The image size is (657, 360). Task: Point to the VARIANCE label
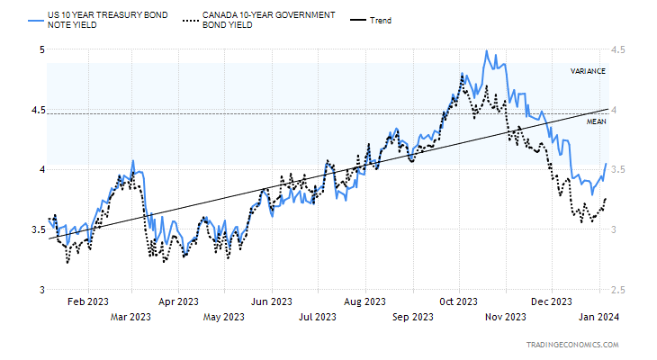tap(588, 71)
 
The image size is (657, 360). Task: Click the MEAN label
tap(597, 121)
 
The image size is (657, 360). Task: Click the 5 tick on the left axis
tap(40, 49)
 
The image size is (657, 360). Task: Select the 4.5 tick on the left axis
tap(37, 110)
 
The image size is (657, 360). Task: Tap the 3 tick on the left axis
tap(40, 290)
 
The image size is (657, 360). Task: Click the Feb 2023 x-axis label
tap(87, 301)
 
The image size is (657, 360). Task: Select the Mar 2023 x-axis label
tap(130, 317)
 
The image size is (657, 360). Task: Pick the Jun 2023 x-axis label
tap(272, 301)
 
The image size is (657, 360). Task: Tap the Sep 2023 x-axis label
tap(413, 317)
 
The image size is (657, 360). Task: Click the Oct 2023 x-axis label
tap(459, 301)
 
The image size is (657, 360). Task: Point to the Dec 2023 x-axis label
tap(552, 301)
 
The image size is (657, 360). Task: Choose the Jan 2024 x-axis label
tap(598, 317)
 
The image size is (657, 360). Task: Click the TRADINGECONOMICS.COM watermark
tap(571, 346)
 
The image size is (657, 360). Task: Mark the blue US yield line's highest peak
tap(486, 51)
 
